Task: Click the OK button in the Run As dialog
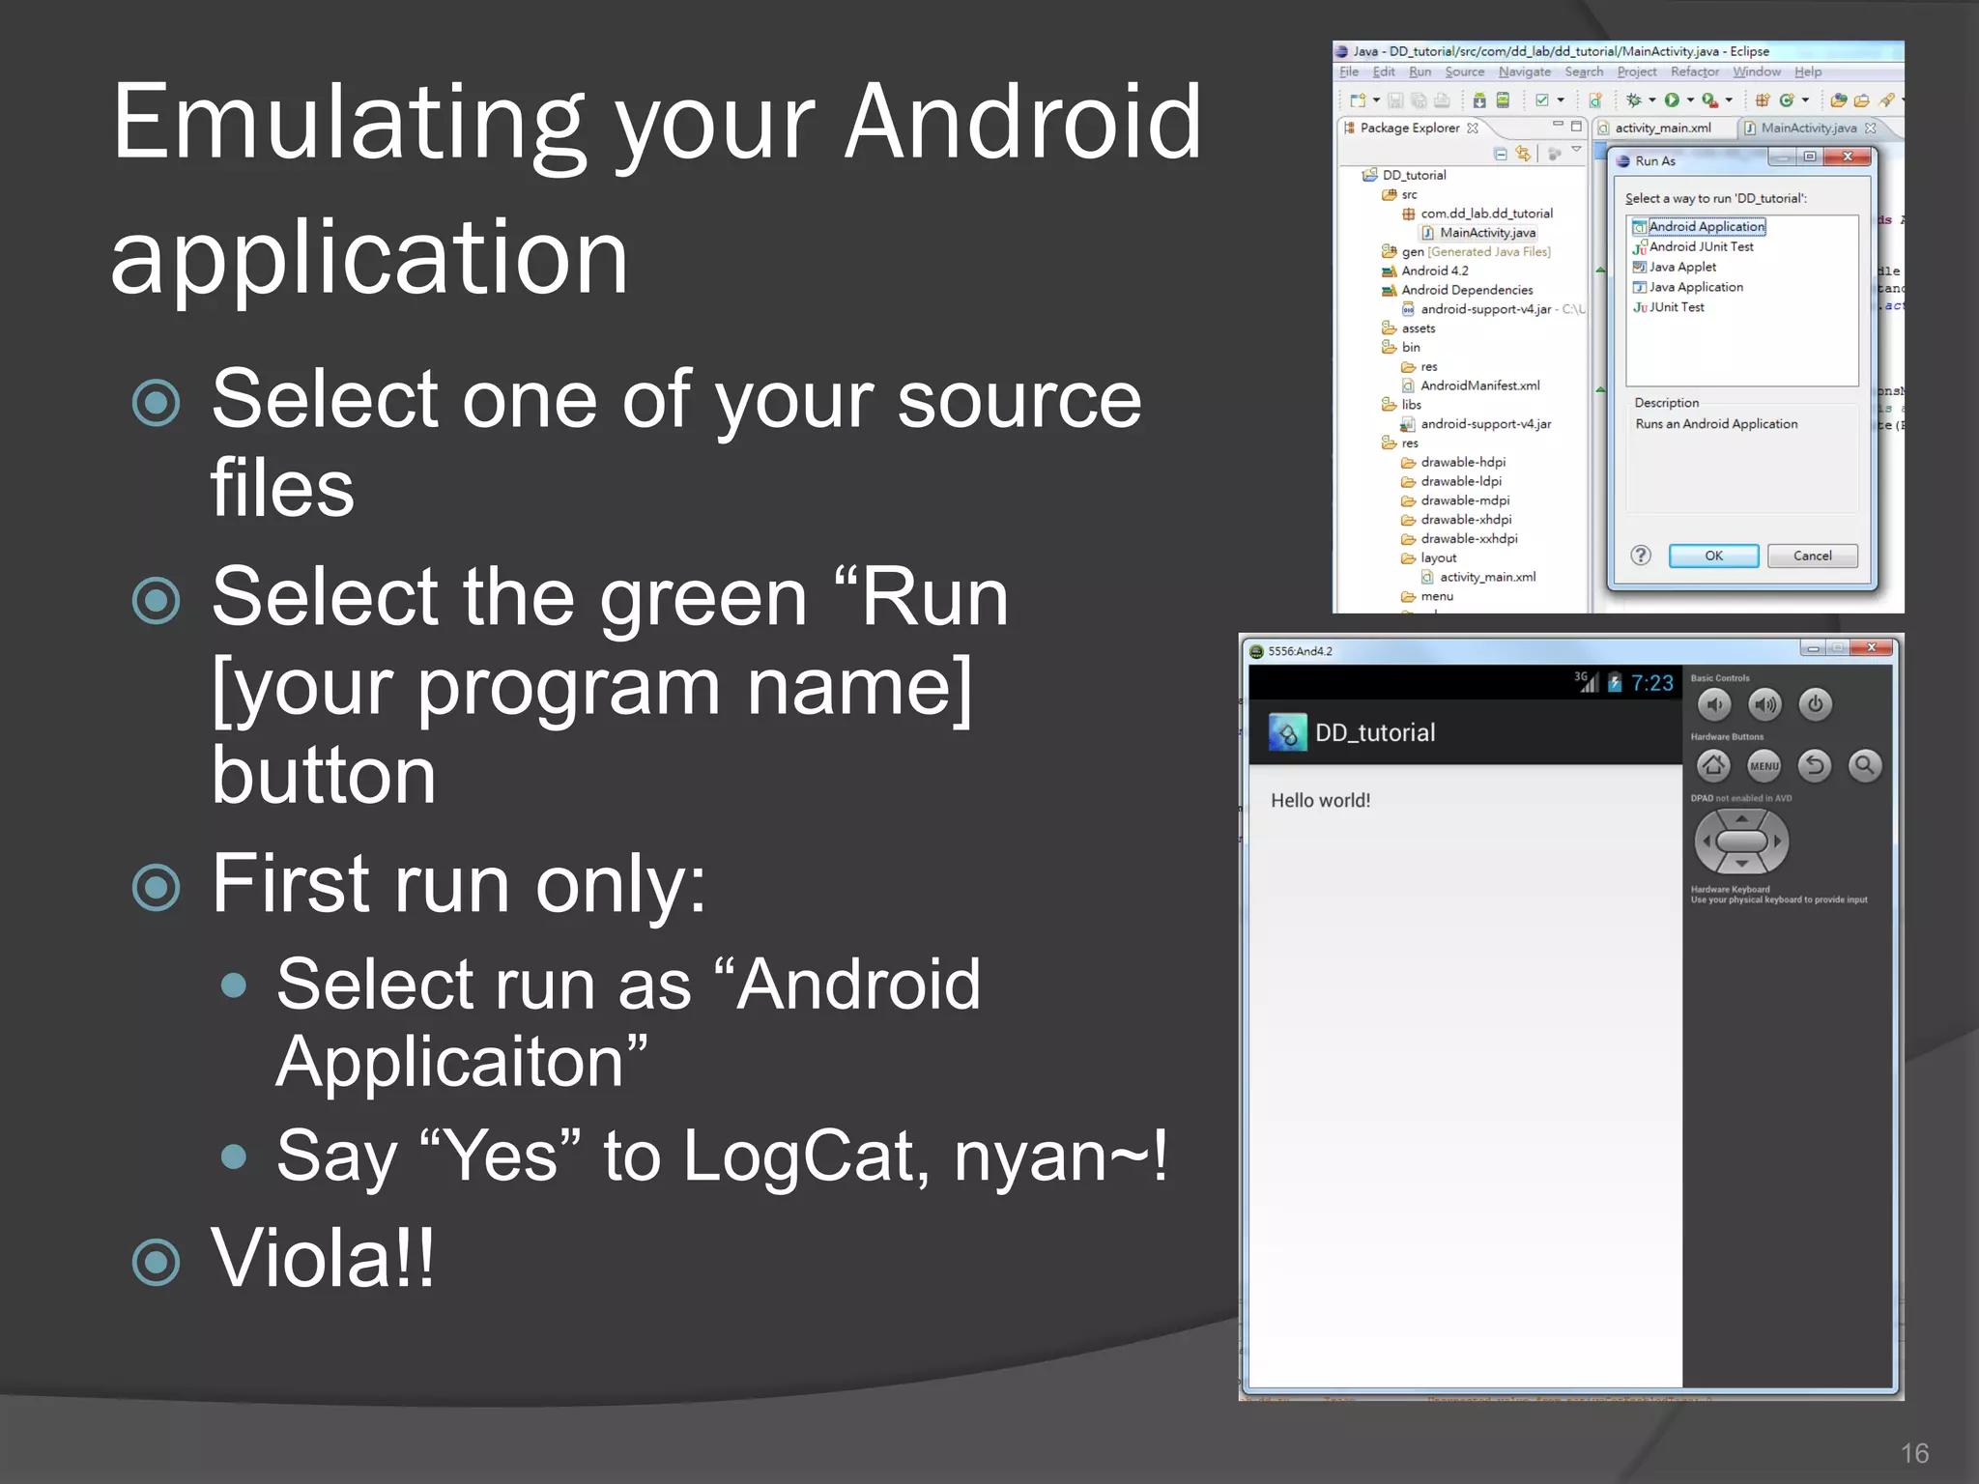(x=1713, y=556)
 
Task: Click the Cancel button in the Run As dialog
(x=1812, y=556)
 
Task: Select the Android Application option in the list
(x=1707, y=227)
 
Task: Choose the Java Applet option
(x=1682, y=267)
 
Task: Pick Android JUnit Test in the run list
(x=1701, y=247)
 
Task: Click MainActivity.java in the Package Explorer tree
(x=1487, y=233)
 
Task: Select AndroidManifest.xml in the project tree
(x=1479, y=385)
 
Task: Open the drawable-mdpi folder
(x=1464, y=500)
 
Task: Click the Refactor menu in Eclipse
(x=1694, y=72)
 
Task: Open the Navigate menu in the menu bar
(x=1524, y=72)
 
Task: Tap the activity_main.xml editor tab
(x=1662, y=128)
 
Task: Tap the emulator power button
(x=1815, y=704)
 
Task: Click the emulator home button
(x=1713, y=766)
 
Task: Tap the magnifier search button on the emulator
(x=1864, y=766)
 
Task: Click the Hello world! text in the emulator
(x=1320, y=801)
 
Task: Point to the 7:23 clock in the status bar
(x=1651, y=683)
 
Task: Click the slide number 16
(x=1914, y=1453)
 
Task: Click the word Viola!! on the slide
(x=323, y=1258)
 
